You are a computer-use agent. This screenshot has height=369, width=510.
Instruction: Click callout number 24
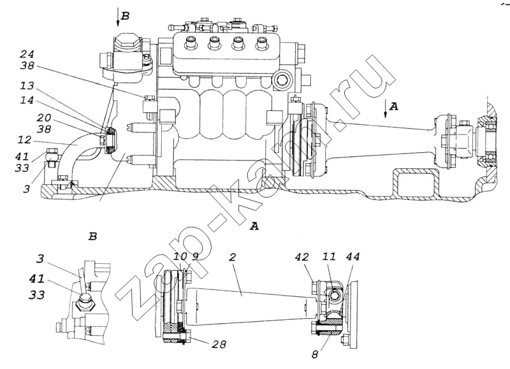point(27,54)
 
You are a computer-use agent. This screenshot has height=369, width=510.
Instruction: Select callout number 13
point(27,86)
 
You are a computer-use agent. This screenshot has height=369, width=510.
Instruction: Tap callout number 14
point(27,100)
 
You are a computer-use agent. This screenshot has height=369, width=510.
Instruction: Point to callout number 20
point(43,117)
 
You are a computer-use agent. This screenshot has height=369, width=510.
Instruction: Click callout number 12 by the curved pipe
point(25,140)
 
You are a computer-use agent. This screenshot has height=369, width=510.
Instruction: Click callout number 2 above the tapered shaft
point(232,257)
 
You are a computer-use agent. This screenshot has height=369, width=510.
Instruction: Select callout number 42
point(302,257)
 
